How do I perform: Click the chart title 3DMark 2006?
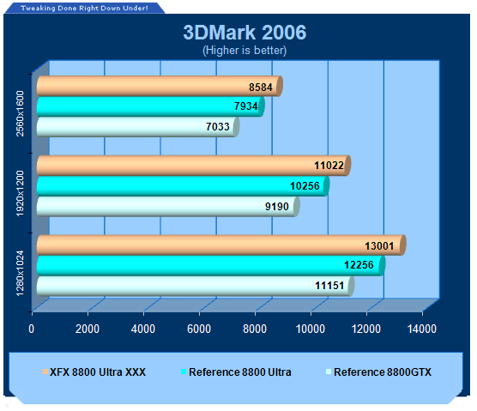245,33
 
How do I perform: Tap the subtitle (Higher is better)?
245,51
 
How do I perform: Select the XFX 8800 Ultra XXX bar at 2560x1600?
160,86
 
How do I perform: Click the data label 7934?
246,106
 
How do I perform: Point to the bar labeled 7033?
138,127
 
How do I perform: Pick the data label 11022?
329,166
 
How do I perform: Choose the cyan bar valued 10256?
183,186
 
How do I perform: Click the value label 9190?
277,207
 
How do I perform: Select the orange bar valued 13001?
221,245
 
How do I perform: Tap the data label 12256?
359,265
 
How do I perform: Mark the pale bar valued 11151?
196,286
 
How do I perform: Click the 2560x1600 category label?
20,113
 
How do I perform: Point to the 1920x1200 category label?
20,193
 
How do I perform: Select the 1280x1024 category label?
20,273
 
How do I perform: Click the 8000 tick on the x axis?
255,329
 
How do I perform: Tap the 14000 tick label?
422,329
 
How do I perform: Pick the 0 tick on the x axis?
32,329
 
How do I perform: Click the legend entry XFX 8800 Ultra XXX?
94,372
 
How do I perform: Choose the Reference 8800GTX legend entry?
378,372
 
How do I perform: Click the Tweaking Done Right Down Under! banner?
84,8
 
